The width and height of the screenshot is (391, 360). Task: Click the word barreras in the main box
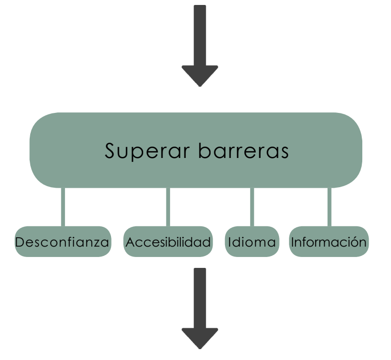pyautogui.click(x=243, y=151)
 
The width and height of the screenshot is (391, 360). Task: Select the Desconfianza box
pyautogui.click(x=62, y=242)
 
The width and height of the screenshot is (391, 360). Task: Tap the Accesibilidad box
pyautogui.click(x=168, y=242)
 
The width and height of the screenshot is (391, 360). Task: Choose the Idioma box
pyautogui.click(x=252, y=242)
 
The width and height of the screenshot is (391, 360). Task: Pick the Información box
pyautogui.click(x=329, y=242)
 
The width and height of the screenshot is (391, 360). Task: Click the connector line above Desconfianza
pyautogui.click(x=63, y=207)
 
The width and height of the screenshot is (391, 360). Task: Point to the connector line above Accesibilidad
pyautogui.click(x=168, y=207)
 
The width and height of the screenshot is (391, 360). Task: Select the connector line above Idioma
pyautogui.click(x=252, y=207)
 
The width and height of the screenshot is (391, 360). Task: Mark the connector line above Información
pyautogui.click(x=329, y=207)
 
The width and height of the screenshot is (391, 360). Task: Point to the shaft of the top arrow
pyautogui.click(x=200, y=35)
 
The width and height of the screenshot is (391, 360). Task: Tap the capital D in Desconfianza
pyautogui.click(x=20, y=243)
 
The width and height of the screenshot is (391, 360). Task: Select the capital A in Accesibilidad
pyautogui.click(x=130, y=243)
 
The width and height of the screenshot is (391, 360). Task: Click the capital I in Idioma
pyautogui.click(x=230, y=243)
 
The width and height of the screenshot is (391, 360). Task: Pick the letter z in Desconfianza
pyautogui.click(x=96, y=244)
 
